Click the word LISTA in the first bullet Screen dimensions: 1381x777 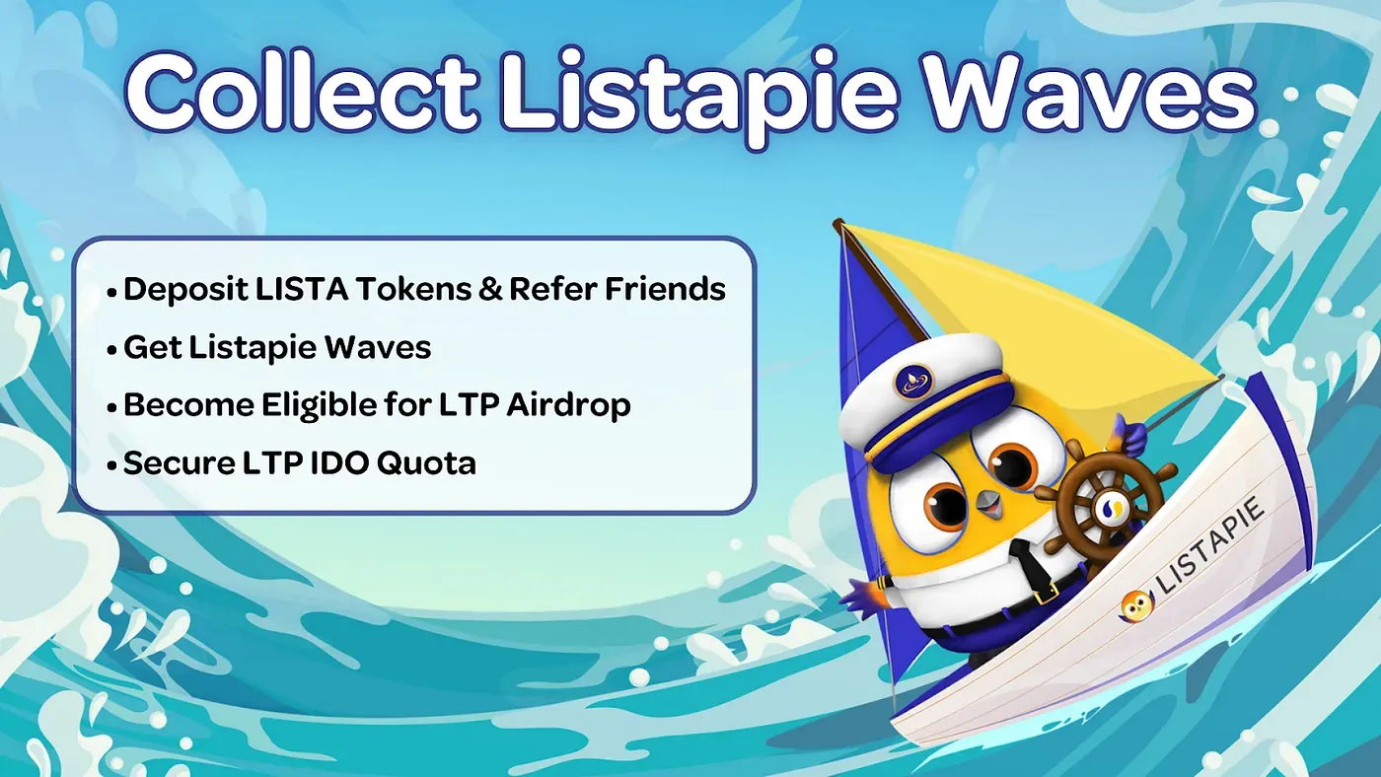pos(302,288)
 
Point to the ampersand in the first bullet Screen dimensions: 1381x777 pos(490,289)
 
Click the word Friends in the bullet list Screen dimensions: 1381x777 pos(665,288)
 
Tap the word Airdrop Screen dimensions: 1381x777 pos(568,406)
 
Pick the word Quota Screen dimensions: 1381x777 pos(426,463)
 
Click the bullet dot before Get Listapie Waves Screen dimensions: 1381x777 pos(111,350)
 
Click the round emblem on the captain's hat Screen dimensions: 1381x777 pos(913,381)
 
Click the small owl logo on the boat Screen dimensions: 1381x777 pos(1135,605)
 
